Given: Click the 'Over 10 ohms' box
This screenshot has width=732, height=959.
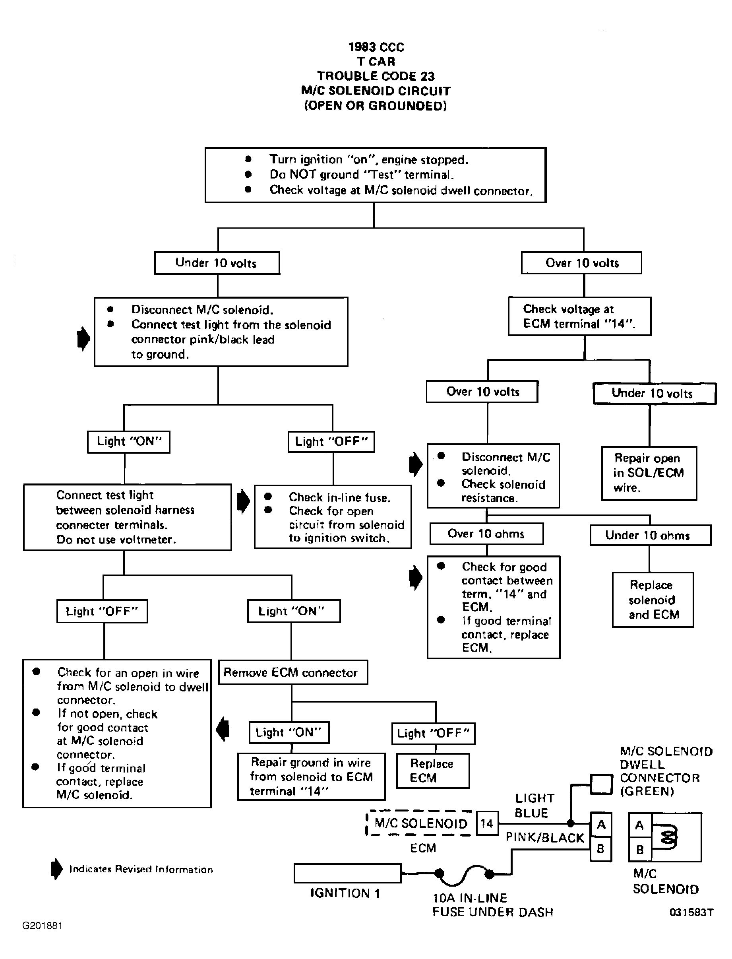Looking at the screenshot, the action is (x=486, y=534).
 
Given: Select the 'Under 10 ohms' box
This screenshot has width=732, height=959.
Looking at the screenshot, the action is (x=651, y=535).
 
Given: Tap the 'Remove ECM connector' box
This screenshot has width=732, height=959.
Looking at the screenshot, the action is (x=293, y=673).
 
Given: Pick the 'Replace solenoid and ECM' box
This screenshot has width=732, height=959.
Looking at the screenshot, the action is (x=653, y=600).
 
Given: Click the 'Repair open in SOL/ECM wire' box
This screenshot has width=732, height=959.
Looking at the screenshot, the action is (x=649, y=474).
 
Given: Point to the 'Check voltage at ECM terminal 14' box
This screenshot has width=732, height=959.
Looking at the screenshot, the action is (x=579, y=316).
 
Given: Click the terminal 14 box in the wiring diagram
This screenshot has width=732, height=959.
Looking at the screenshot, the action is (x=487, y=823).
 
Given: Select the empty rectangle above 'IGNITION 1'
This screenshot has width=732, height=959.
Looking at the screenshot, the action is (x=348, y=873).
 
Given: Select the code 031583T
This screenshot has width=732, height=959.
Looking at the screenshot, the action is (x=691, y=912).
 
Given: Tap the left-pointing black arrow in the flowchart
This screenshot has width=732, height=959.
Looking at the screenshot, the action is (x=223, y=729).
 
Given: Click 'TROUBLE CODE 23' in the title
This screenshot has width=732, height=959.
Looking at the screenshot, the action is (x=376, y=76).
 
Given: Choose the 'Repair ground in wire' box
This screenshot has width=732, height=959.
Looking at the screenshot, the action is (x=311, y=777).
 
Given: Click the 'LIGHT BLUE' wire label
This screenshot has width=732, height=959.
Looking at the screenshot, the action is (x=534, y=806).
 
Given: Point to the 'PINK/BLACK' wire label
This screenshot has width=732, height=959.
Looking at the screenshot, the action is (x=545, y=838).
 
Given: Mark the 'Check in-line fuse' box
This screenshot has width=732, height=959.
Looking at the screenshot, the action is (x=333, y=516).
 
